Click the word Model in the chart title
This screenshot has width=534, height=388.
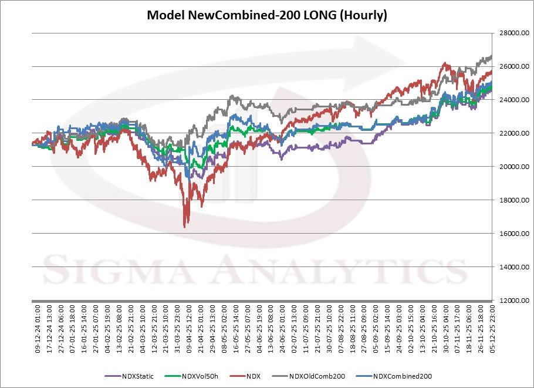[165, 15]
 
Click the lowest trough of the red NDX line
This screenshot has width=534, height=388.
[185, 227]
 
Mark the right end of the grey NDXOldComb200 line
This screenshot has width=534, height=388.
[492, 56]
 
